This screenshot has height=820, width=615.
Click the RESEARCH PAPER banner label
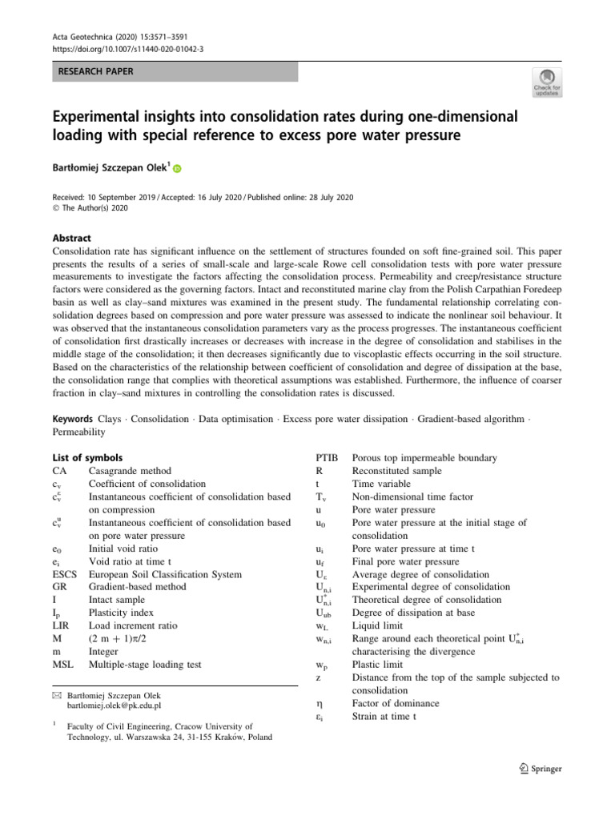point(94,71)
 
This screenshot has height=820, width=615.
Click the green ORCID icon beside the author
point(177,169)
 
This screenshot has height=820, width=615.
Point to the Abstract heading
point(71,239)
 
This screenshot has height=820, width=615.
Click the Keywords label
point(72,420)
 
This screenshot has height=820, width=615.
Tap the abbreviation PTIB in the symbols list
point(328,458)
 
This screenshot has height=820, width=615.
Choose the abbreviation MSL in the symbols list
point(62,664)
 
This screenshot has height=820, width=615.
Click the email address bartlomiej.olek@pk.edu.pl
point(115,705)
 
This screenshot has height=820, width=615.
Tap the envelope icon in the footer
point(56,694)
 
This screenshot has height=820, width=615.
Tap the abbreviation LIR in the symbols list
point(61,625)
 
